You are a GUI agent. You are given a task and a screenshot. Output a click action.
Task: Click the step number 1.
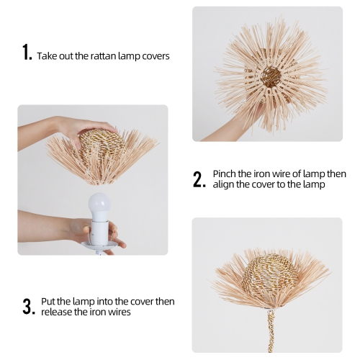tap(27, 53)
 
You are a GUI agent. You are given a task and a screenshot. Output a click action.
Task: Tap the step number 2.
tap(199, 179)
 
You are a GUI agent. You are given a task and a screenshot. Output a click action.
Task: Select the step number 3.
tap(28, 306)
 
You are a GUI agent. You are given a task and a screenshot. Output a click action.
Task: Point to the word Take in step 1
tap(48, 55)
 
